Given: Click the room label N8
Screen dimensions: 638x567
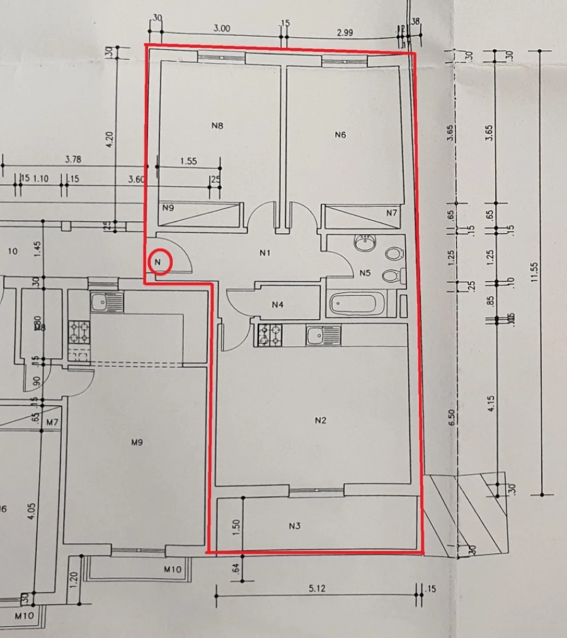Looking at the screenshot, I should point(217,125).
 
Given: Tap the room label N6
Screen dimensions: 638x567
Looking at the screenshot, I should point(341,134).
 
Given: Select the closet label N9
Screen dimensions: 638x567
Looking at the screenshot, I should point(168,207).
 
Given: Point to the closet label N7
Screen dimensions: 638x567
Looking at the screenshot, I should point(392,213).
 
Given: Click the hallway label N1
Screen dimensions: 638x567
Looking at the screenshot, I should point(265,253).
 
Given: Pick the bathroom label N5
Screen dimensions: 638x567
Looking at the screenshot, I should point(365,273).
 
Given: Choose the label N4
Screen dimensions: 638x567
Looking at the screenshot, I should point(278,304).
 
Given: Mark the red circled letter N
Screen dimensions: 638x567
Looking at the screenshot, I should point(160,262).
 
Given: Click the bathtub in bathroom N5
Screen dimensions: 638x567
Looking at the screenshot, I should point(353,304).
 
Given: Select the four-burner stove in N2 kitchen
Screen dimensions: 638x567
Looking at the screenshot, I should point(269,334).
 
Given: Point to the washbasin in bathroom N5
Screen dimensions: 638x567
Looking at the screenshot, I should point(364,243).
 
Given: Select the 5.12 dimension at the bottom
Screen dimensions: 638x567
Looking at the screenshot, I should point(317,589).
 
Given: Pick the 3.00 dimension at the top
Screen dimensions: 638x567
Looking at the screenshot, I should point(222,28).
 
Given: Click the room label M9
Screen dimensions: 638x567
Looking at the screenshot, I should point(137,443).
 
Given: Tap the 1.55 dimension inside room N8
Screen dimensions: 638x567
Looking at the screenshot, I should point(188,161).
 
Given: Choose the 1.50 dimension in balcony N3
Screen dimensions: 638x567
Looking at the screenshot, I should point(234,525).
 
